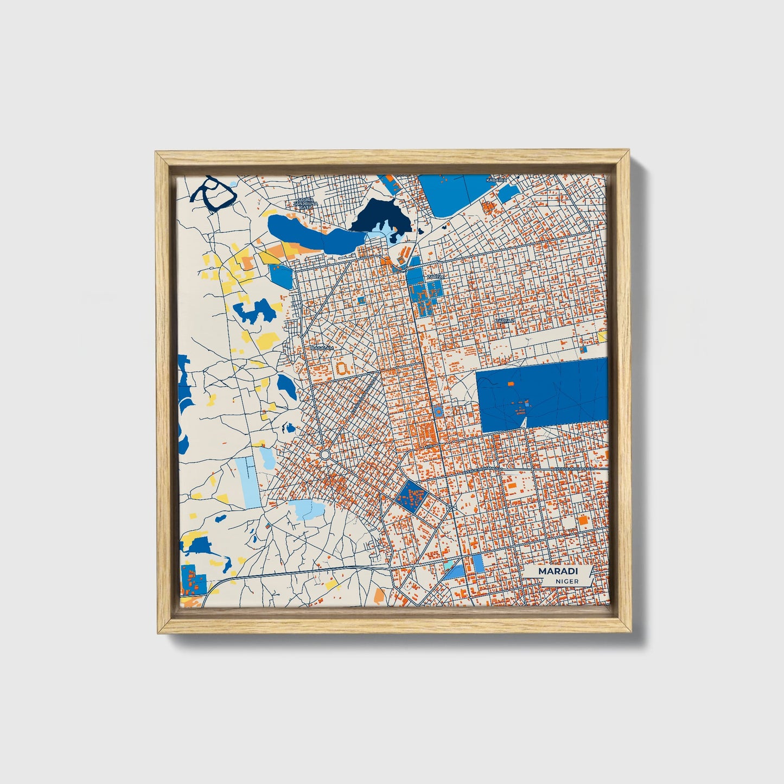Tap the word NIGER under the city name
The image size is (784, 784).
click(x=566, y=582)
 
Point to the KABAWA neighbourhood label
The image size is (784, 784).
click(x=496, y=180)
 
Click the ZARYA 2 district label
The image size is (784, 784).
click(x=504, y=321)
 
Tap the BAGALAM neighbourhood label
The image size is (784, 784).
click(x=321, y=348)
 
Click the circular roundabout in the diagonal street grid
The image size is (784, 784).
click(x=325, y=454)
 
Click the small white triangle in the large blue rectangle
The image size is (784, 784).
click(x=524, y=422)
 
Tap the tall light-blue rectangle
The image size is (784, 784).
click(x=249, y=482)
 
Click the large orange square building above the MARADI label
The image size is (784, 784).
click(x=583, y=520)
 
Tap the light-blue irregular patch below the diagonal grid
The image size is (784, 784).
click(x=309, y=509)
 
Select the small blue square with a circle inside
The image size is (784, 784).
click(x=437, y=411)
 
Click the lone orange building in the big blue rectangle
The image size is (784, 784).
click(x=511, y=384)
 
